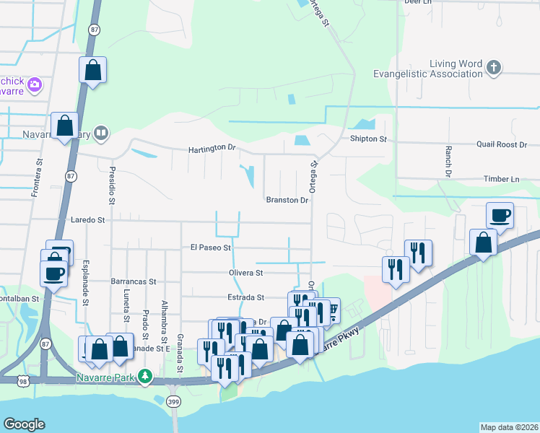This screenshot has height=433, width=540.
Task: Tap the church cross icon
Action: point(493,68)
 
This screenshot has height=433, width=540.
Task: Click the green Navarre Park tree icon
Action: point(146,377)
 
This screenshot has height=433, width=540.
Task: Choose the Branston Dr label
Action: point(287,200)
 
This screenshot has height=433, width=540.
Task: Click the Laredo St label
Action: point(88,219)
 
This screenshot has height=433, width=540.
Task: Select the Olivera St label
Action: point(247,274)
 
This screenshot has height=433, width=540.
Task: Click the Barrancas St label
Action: point(134,281)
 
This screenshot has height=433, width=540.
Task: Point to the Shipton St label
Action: point(368,139)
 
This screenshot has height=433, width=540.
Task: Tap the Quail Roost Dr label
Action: point(507,144)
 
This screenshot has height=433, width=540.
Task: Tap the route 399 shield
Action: point(173,402)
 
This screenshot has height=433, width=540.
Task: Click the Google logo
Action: point(24,424)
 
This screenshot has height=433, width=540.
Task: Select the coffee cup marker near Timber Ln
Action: point(500,214)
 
